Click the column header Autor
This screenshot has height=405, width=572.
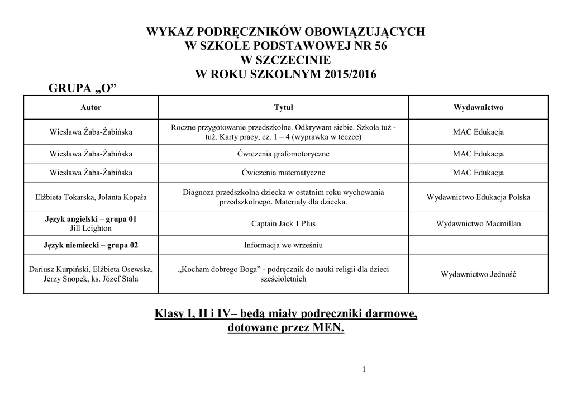pos(91,107)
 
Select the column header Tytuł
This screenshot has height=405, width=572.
pos(283,107)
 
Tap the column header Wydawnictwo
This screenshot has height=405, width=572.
pos(478,107)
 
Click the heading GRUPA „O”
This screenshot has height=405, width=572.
pos(85,89)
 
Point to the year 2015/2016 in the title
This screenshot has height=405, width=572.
pos(346,74)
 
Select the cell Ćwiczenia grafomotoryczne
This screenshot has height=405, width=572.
pos(283,154)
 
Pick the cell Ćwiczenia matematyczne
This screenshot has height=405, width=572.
pos(283,173)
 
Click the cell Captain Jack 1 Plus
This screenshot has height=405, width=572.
pos(283,223)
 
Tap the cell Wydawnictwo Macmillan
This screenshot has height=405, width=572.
pos(478,223)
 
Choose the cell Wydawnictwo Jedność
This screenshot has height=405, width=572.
pos(478,274)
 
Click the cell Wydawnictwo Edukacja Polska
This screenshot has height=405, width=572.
pos(478,197)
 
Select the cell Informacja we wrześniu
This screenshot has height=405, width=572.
pos(283,245)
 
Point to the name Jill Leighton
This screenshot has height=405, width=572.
pos(91,228)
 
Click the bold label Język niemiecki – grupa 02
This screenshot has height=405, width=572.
pos(91,245)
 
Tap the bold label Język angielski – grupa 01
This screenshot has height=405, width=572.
pos(91,220)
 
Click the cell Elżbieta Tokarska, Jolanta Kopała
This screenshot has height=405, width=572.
pos(91,197)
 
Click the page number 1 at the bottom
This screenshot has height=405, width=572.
pos(364,369)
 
